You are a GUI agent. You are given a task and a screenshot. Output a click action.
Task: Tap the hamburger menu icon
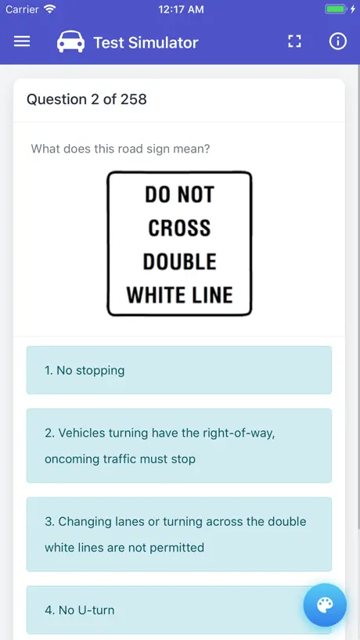pos(22,41)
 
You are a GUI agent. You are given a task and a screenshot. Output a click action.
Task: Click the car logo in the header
pos(70,41)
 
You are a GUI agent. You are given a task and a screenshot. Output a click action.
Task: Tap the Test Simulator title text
pos(146,42)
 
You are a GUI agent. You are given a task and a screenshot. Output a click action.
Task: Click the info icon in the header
pos(337,41)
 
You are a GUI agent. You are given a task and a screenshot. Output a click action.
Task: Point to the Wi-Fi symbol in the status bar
pos(50,9)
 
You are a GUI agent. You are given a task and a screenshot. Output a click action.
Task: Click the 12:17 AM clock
pos(181,9)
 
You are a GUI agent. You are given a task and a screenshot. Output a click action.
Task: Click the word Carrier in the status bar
pos(22,9)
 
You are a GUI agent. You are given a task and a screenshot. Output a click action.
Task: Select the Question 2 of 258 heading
pos(87,99)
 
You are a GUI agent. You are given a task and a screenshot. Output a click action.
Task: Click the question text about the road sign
pos(121,148)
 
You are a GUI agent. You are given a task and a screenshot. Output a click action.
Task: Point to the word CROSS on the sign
pos(179,228)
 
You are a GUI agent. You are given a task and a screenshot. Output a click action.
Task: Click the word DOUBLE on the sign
pos(179,261)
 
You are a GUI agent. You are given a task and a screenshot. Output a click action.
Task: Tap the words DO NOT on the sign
pos(179,194)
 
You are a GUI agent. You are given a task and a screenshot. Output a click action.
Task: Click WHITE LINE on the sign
pos(179,295)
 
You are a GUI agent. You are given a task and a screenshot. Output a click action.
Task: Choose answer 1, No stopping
pos(179,370)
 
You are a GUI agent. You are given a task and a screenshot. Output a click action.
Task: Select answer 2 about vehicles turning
pos(179,446)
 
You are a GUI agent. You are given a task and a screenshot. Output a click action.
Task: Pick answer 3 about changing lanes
pos(179,534)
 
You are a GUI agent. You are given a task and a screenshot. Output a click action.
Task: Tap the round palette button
pos(325,605)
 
